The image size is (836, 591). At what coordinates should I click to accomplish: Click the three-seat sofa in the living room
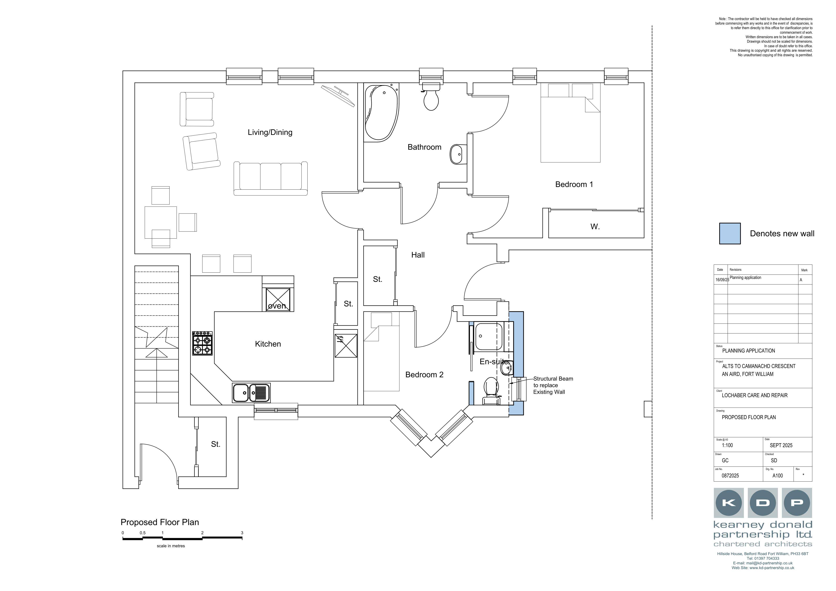click(x=270, y=178)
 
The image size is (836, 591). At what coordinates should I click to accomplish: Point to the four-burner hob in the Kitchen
click(x=202, y=343)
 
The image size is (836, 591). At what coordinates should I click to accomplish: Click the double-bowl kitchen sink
click(x=251, y=393)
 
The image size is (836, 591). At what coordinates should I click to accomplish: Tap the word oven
click(x=277, y=306)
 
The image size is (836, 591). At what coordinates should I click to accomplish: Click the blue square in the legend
click(x=730, y=233)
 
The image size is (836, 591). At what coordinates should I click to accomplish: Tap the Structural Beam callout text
click(x=553, y=385)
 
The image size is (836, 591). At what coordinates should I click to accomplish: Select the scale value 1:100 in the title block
click(x=727, y=445)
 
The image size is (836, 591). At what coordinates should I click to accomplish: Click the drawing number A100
click(x=777, y=475)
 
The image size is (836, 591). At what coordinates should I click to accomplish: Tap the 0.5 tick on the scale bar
click(x=142, y=533)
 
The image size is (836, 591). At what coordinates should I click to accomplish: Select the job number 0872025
click(x=730, y=475)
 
